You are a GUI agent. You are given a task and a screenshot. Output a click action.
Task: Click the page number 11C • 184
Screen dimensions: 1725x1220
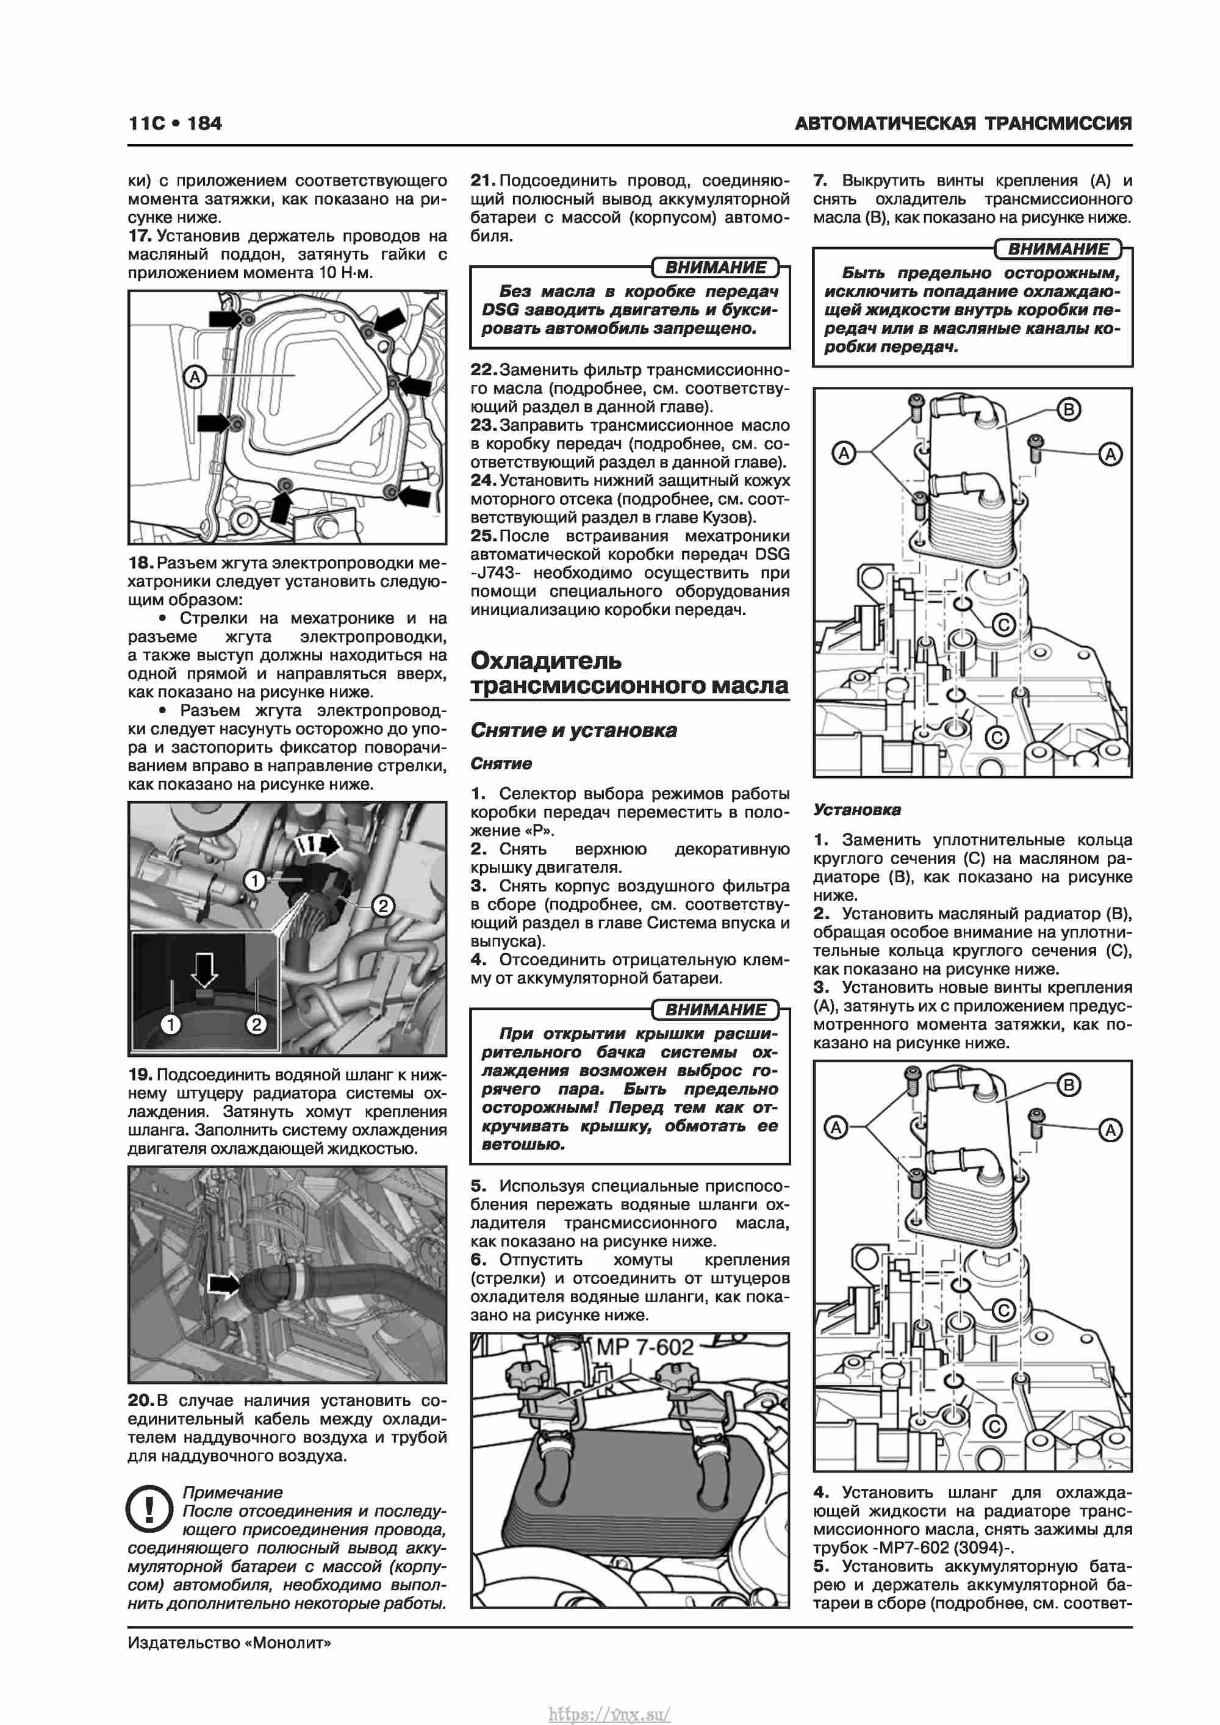[175, 123]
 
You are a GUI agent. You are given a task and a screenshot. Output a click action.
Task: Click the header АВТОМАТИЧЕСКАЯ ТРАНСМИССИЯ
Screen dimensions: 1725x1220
[963, 123]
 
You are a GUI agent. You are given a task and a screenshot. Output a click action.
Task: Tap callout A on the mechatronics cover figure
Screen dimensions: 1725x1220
[195, 376]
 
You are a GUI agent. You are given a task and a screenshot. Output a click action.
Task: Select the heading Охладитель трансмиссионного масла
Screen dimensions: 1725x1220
[629, 672]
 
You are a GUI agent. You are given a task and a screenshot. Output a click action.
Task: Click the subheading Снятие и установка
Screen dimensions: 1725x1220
[573, 730]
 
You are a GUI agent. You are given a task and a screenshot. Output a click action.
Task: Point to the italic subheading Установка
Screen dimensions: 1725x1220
[856, 810]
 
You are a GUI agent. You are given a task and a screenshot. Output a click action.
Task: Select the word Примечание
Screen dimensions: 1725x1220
[233, 1493]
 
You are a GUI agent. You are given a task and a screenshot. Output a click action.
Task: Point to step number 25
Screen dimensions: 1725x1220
[483, 536]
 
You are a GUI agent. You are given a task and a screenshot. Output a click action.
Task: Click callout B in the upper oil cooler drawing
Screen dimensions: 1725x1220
[1068, 410]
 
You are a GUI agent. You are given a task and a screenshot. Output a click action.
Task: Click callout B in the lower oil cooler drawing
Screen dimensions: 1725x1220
[1068, 1085]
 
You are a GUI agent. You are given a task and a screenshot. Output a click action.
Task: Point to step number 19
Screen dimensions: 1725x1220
[140, 1075]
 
